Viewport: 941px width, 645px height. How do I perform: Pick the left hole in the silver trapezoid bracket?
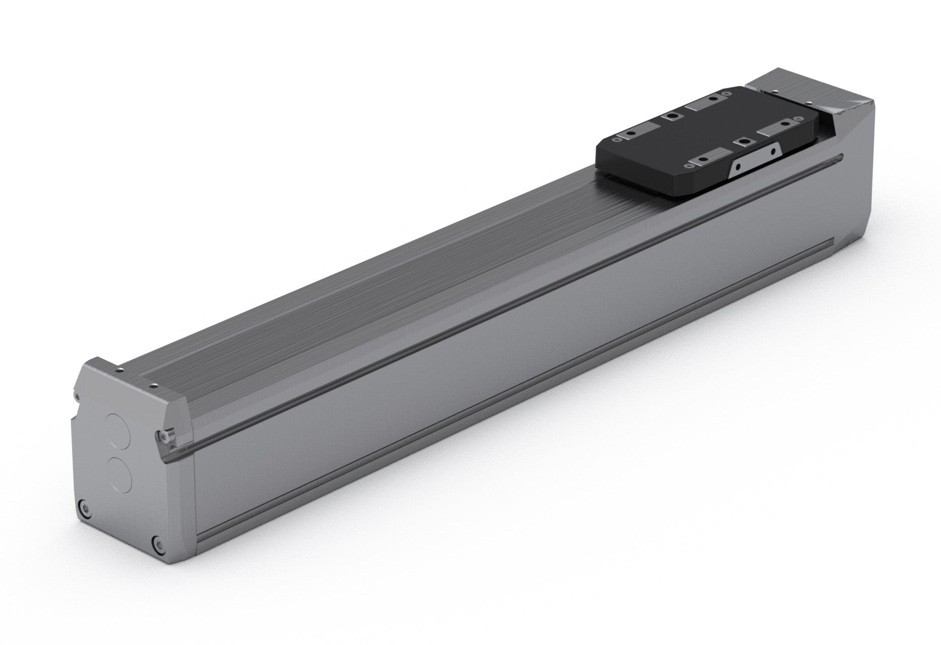738,166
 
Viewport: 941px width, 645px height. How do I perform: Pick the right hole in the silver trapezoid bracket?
773,151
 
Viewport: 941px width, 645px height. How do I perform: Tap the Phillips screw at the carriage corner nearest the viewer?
689,165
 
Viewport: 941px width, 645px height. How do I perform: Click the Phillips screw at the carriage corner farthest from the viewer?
726,93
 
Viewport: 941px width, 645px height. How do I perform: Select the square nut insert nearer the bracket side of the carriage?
745,142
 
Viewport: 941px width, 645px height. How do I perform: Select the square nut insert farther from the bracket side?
672,116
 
